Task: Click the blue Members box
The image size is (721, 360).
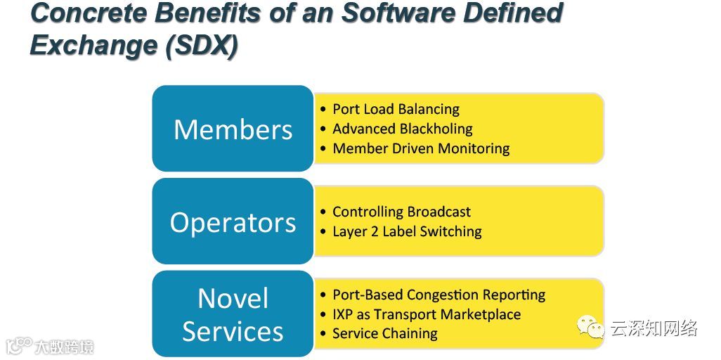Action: click(233, 129)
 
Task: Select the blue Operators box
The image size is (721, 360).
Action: click(233, 221)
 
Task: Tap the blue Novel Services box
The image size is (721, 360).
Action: click(233, 314)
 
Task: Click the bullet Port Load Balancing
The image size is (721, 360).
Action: click(396, 109)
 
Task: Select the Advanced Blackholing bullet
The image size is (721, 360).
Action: click(402, 129)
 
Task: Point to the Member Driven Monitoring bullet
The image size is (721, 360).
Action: click(421, 148)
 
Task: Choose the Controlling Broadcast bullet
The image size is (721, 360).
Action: click(401, 212)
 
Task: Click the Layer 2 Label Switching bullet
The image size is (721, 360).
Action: click(407, 231)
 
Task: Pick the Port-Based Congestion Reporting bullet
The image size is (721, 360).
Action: click(439, 295)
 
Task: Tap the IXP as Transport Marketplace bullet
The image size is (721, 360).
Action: click(427, 314)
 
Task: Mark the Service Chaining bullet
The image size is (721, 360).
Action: click(384, 333)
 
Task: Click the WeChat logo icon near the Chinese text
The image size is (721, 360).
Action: click(591, 327)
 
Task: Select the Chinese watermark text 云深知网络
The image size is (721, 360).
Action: click(654, 328)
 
